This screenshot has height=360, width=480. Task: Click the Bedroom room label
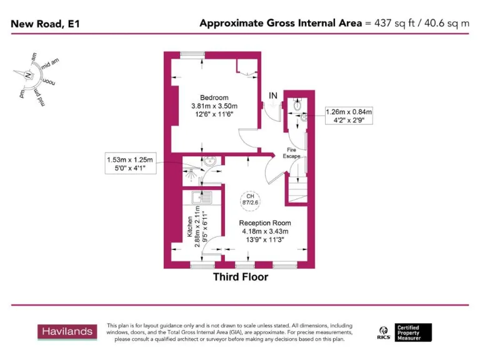coord(214,97)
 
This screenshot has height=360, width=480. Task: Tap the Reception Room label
coord(265,223)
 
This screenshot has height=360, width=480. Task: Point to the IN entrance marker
coord(273,95)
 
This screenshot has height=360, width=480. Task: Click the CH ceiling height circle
coord(249,198)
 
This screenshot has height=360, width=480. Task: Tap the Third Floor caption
coord(241,276)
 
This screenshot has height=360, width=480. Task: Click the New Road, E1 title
coord(45,24)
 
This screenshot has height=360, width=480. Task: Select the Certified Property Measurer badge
coord(413,332)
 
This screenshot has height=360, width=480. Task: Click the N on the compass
coord(28,76)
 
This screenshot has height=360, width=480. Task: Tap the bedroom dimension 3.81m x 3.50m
coord(214,106)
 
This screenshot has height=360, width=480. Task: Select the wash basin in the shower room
coord(211,162)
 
